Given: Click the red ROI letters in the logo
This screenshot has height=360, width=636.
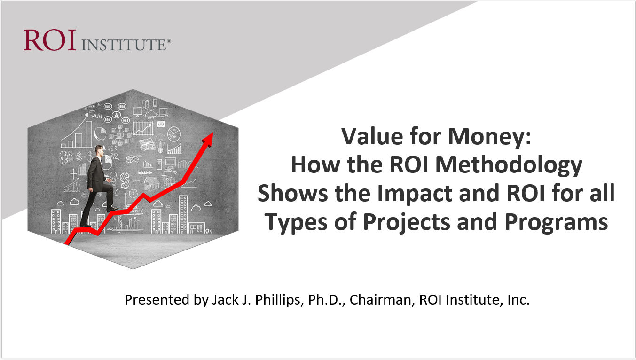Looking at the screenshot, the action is click(x=50, y=40).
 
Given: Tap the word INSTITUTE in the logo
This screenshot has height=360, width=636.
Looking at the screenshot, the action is click(x=125, y=45).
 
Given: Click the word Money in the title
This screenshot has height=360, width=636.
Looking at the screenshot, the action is click(x=489, y=137).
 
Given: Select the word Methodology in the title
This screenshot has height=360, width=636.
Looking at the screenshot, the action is click(x=508, y=166).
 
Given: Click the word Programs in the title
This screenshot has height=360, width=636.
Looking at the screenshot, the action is click(x=556, y=223).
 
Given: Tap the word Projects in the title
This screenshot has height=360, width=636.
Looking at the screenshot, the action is click(x=406, y=223).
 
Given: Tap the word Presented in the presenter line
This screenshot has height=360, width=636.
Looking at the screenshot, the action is click(x=157, y=300).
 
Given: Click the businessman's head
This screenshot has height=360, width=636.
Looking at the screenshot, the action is click(x=99, y=151).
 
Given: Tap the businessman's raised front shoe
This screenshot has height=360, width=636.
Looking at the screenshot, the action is click(x=112, y=209).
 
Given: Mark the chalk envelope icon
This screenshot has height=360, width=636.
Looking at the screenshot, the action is click(x=161, y=124).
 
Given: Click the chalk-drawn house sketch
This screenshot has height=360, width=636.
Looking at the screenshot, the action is click(x=152, y=183).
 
